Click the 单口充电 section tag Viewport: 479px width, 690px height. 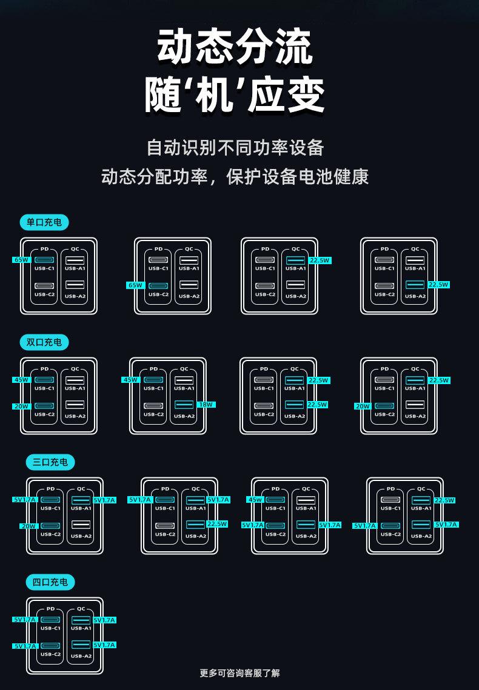pos(44,222)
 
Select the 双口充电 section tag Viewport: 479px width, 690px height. pos(44,342)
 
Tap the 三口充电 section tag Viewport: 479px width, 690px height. pos(50,462)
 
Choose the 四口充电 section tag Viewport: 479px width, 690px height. pos(50,582)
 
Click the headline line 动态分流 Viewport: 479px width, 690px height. pos(235,47)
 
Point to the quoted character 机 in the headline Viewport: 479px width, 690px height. pos(235,95)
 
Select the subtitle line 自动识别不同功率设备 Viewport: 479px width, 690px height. pos(235,147)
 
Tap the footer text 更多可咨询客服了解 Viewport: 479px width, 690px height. pos(239,672)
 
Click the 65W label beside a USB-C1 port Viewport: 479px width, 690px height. pos(21,260)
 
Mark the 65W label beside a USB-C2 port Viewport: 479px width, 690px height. pos(135,285)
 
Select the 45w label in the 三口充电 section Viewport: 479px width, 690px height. pos(255,500)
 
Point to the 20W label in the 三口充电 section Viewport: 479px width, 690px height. pos(28,526)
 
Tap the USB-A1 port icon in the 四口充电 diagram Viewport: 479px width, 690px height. pos(81,620)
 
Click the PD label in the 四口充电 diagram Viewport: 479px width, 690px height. pos(50,609)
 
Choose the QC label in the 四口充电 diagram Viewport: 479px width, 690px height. pos(81,609)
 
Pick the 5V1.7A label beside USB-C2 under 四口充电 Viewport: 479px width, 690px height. pos(25,646)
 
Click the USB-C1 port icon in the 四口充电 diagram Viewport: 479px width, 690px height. pos(50,620)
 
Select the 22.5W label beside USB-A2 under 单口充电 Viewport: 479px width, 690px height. pos(438,284)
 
